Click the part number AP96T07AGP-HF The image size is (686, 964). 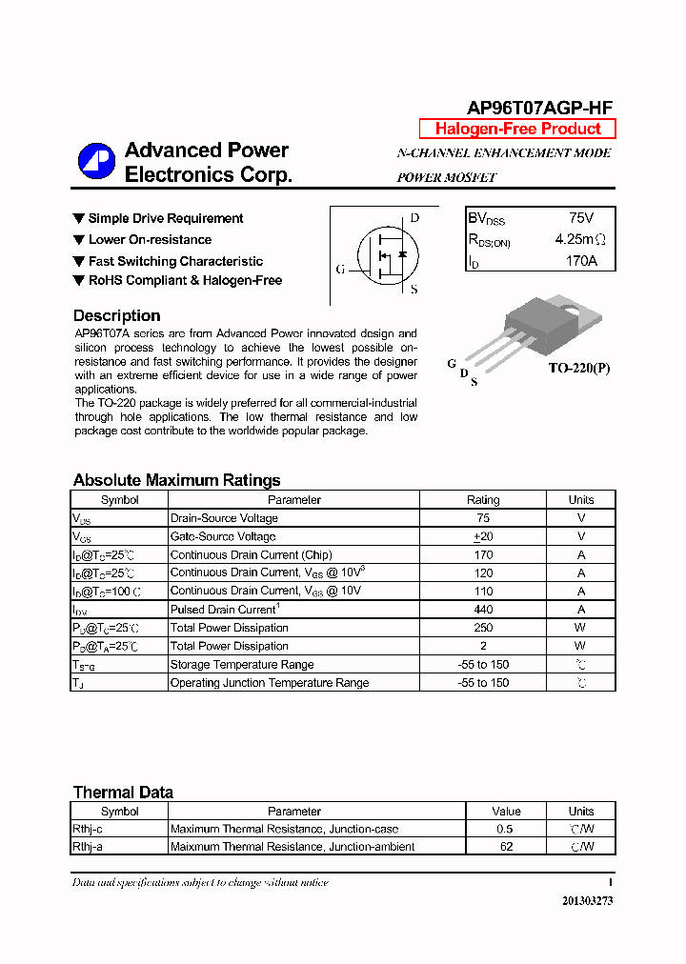pos(539,108)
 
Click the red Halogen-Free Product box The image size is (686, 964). pos(517,129)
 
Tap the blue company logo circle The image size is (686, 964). pos(96,161)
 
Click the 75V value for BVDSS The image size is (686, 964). pos(580,218)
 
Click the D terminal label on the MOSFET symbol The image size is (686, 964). pos(414,218)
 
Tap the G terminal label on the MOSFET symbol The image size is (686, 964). pos(340,270)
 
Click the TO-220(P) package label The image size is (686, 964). pos(578,368)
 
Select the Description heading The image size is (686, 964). pos(116,315)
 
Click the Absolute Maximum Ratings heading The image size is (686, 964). pos(176,480)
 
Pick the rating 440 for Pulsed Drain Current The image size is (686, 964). pos(482,610)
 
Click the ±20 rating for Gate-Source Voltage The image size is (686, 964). pos(482,536)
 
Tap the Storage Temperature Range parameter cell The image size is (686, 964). pos(241,664)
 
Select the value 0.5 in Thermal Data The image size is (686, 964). pos(505,829)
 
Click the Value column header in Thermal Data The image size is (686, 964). pos(505,812)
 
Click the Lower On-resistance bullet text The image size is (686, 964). pos(150,240)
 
